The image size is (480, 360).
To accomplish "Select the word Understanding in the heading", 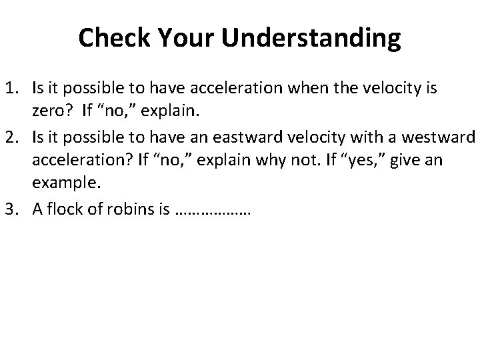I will (313, 39).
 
